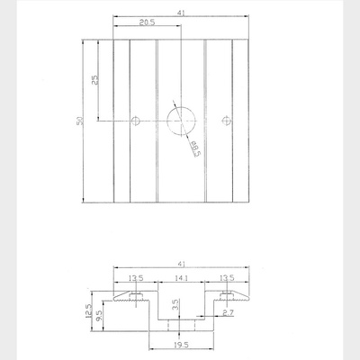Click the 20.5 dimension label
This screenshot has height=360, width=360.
147,22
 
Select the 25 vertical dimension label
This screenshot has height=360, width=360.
94,80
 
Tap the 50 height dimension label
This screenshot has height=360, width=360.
80,121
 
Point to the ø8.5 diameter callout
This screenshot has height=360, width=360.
195,148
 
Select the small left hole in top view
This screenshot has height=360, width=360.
136,121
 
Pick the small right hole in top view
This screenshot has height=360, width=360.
226,121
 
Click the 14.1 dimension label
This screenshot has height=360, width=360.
181,278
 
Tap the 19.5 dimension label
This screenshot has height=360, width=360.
181,345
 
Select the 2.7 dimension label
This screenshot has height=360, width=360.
228,313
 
